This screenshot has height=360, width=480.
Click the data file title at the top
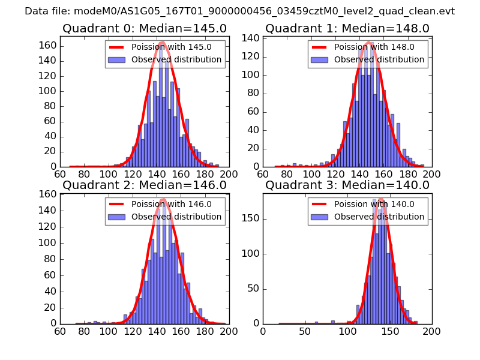click(240, 11)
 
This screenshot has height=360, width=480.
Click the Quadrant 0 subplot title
click(145, 29)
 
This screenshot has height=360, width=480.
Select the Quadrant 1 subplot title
click(347, 29)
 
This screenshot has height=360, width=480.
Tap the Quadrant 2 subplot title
click(145, 185)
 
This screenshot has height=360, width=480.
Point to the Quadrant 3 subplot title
click(347, 185)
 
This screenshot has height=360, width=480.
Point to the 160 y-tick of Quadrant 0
click(49, 46)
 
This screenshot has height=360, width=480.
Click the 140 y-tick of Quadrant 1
click(251, 38)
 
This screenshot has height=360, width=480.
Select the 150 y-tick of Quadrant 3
click(251, 218)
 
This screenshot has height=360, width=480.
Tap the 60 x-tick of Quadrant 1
click(263, 174)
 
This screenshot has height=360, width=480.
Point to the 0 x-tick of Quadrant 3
click(263, 331)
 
